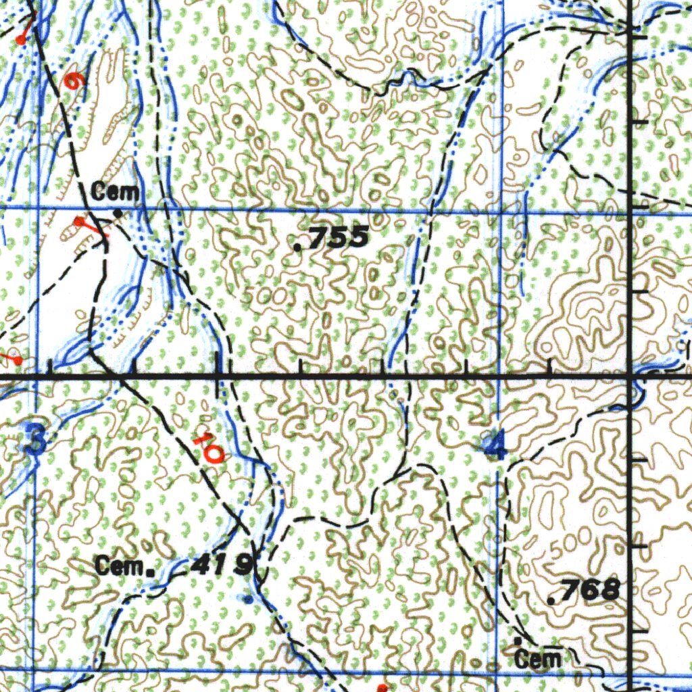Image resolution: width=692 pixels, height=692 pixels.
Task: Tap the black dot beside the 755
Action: coord(299,247)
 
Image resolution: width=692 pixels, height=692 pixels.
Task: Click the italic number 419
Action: coord(222,564)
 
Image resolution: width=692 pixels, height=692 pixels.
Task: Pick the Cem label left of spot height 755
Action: coord(116,192)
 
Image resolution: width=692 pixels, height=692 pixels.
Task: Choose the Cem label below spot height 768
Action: coord(537,659)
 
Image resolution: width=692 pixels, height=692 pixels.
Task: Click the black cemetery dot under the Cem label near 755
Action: coord(118,214)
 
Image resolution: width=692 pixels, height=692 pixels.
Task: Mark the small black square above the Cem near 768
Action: coord(518,639)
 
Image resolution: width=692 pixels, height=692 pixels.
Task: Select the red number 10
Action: coord(207,447)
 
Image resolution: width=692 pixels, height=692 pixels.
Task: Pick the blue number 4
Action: coord(497,446)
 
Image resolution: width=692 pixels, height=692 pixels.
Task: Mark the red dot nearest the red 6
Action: coord(21,41)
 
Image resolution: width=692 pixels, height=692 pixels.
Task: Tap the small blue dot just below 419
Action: coord(249,599)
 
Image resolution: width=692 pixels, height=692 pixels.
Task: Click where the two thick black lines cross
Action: coord(629,374)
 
